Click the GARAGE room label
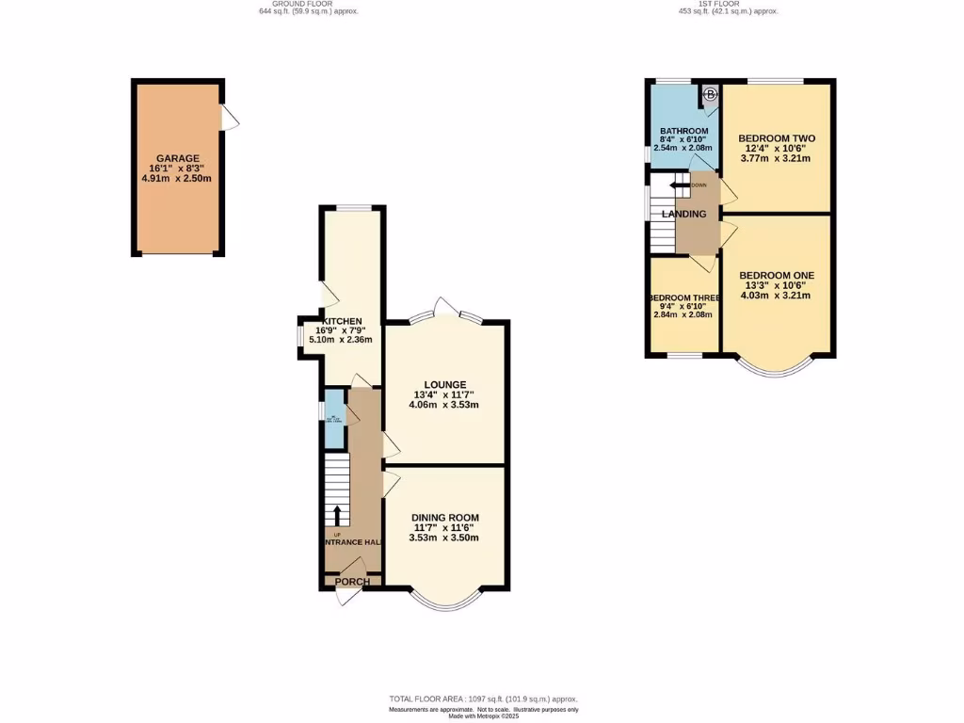[178, 158]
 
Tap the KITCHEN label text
[341, 321]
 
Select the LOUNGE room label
[445, 384]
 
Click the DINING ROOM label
[444, 518]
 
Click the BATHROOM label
[683, 131]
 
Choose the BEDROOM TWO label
[776, 138]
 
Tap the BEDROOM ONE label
[776, 276]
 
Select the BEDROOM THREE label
[683, 298]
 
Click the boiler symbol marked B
[710, 94]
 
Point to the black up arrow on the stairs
[337, 515]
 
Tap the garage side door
[230, 117]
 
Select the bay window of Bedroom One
[777, 368]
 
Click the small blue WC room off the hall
[334, 417]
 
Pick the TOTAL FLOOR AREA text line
[482, 699]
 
